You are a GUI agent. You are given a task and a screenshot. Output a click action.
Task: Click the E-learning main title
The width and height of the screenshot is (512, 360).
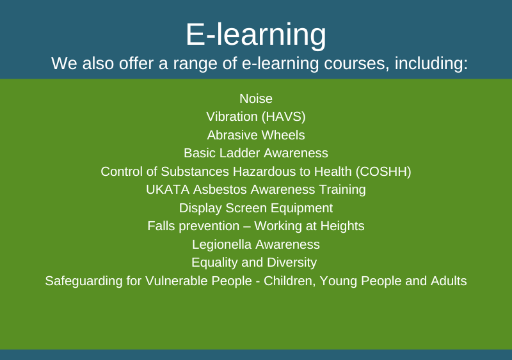[256, 35]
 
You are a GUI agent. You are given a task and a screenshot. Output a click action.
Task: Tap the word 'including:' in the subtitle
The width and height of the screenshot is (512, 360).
[431, 64]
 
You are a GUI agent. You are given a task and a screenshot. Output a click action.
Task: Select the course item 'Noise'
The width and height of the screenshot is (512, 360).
[256, 98]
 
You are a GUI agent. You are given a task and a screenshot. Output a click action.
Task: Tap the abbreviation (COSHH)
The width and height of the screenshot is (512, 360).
[383, 171]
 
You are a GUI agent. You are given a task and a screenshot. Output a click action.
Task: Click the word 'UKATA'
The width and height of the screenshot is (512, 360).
[168, 190]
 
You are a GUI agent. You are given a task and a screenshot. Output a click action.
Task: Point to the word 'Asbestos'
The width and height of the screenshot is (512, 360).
[220, 190]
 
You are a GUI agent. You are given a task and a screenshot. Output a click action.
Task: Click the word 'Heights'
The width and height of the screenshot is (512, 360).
[342, 226]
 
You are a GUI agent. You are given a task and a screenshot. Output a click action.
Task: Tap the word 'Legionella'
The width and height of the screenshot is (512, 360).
[221, 245]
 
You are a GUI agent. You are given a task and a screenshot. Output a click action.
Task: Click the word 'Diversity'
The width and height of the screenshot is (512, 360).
[292, 263]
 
